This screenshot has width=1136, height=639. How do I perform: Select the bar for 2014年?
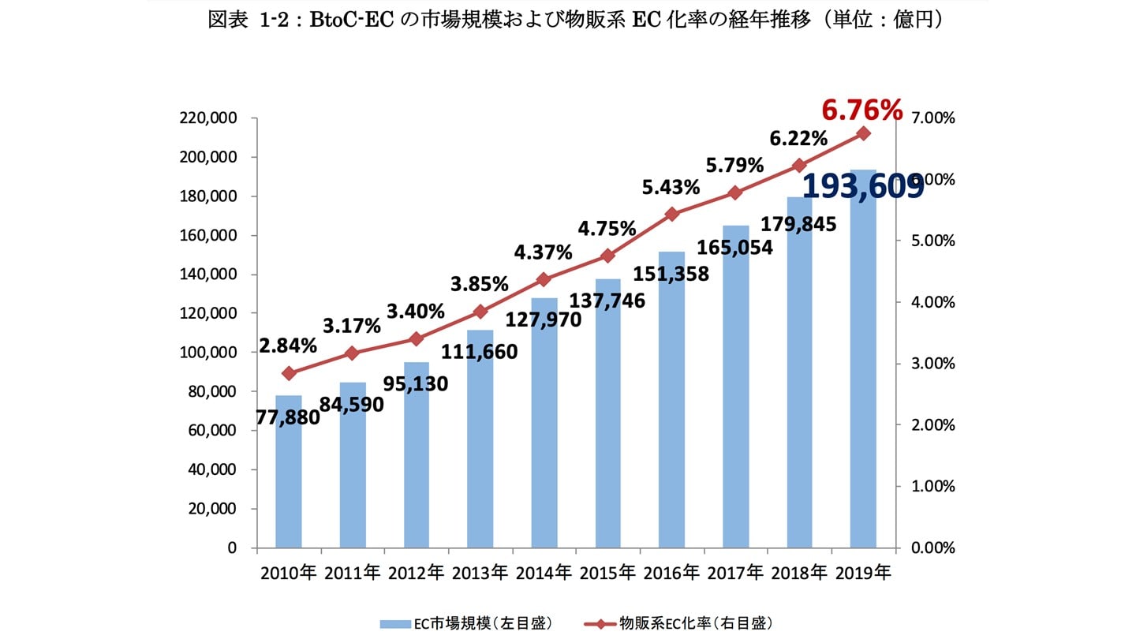click(544, 442)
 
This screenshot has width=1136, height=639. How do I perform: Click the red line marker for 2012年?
click(417, 339)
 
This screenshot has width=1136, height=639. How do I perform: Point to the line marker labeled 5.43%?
click(672, 214)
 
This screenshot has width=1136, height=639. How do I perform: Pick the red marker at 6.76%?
click(863, 133)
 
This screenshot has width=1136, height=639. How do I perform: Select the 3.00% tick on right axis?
click(934, 364)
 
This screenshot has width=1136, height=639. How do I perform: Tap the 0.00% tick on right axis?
click(934, 547)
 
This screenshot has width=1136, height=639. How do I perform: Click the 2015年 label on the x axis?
click(608, 573)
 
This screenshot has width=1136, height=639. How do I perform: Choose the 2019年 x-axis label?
click(864, 573)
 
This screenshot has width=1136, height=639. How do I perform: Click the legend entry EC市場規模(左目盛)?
click(465, 623)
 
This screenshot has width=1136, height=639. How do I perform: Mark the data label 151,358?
click(673, 274)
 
